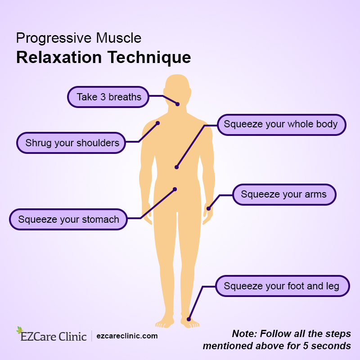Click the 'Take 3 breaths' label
(108, 97)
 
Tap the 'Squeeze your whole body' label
(281, 124)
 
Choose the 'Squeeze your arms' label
(283, 194)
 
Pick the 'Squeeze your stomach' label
(68, 219)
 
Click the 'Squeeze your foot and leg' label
(282, 286)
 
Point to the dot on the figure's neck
(177, 104)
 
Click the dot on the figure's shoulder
(158, 123)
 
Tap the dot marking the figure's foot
(189, 319)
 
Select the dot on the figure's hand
(208, 208)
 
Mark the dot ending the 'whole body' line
(177, 167)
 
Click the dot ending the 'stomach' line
(175, 189)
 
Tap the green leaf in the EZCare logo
(19, 330)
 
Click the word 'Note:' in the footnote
(244, 334)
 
